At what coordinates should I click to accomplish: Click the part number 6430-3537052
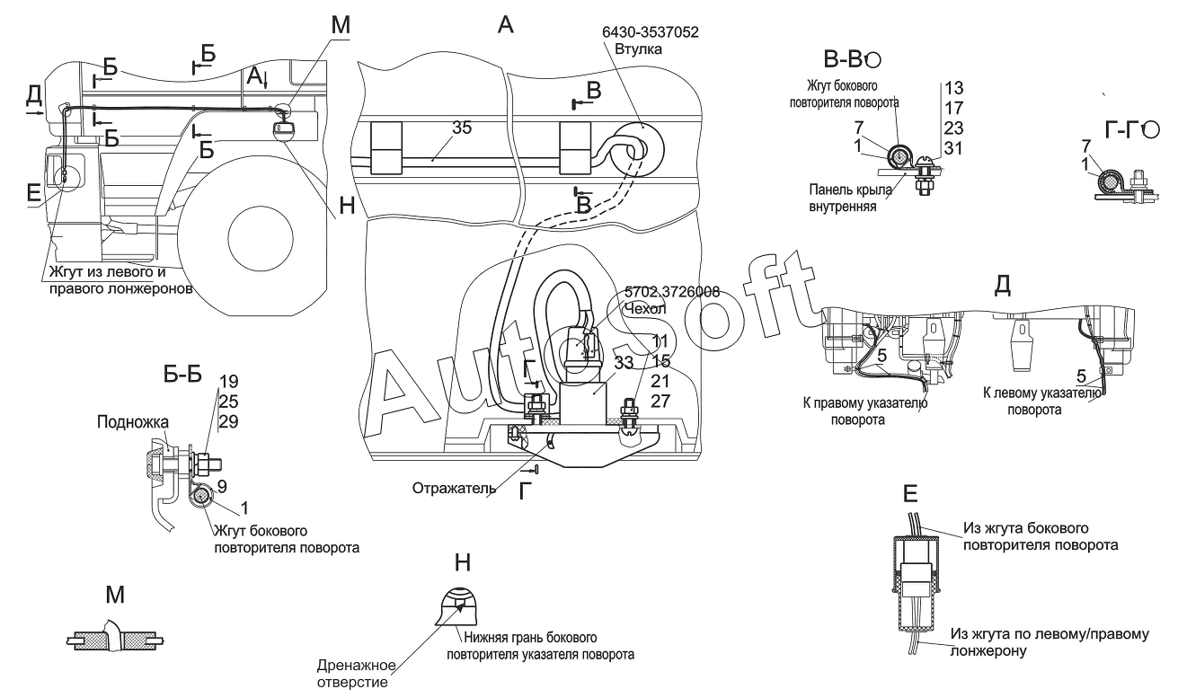(650, 31)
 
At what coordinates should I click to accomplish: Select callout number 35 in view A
(462, 128)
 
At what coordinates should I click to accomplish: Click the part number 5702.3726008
(672, 293)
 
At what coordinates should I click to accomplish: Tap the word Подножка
(135, 421)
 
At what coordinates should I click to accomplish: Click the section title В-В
(842, 59)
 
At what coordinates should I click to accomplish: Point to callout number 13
(953, 87)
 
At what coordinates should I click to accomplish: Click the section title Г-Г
(1122, 131)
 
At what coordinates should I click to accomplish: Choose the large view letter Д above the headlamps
(1003, 284)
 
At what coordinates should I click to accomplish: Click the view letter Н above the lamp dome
(462, 561)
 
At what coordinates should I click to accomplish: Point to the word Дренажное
(357, 666)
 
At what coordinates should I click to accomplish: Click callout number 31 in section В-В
(953, 149)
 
